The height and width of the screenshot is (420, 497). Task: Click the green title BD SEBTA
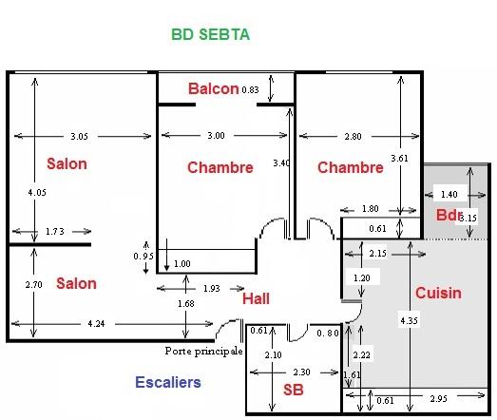pyautogui.click(x=210, y=34)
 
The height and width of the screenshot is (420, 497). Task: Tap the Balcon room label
pyautogui.click(x=213, y=88)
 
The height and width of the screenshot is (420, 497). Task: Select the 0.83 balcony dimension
pyautogui.click(x=250, y=89)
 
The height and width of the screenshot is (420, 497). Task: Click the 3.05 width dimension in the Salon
pyautogui.click(x=79, y=136)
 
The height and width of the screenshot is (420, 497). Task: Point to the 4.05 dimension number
pyautogui.click(x=37, y=192)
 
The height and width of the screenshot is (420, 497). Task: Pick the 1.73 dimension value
pyautogui.click(x=54, y=232)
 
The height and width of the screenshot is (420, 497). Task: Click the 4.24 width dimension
pyautogui.click(x=96, y=324)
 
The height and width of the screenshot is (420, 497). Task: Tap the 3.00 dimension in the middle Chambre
pyautogui.click(x=216, y=135)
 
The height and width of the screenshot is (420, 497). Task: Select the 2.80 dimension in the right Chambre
pyautogui.click(x=353, y=136)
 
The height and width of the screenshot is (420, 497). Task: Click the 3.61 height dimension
pyautogui.click(x=399, y=158)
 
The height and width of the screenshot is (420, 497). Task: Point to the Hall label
pyautogui.click(x=256, y=298)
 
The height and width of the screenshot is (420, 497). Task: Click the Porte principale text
pyautogui.click(x=203, y=351)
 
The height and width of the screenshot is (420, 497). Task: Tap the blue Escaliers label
pyautogui.click(x=168, y=382)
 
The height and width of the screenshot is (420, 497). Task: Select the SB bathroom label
pyautogui.click(x=294, y=390)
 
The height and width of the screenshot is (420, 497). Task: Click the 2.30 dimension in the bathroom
pyautogui.click(x=301, y=372)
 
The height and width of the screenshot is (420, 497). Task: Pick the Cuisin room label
pyautogui.click(x=438, y=293)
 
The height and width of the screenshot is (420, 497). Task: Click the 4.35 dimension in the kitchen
pyautogui.click(x=409, y=320)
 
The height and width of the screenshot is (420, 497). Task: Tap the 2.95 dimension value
pyautogui.click(x=439, y=398)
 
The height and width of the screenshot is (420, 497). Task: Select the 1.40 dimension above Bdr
pyautogui.click(x=449, y=194)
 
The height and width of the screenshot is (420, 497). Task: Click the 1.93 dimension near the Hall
pyautogui.click(x=211, y=288)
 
